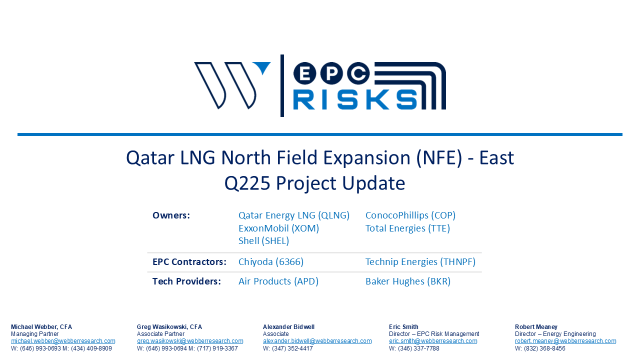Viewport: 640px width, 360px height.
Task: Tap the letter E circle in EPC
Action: pos(305,73)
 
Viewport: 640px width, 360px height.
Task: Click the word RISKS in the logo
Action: pos(355,99)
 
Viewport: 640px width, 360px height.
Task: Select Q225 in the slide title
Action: pos(247,183)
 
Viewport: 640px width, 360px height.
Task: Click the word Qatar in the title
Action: pos(150,157)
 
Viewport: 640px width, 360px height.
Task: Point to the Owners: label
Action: pos(171,215)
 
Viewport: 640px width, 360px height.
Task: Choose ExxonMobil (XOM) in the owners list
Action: pos(278,228)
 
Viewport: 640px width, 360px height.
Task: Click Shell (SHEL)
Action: pos(263,240)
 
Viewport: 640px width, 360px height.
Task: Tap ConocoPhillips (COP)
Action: pos(410,215)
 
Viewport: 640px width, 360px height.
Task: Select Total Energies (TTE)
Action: pos(407,228)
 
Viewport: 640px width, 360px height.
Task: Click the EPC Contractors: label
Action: pos(189,261)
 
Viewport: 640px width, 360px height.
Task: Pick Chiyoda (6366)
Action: pos(271,261)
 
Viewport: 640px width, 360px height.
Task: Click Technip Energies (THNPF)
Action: pos(420,261)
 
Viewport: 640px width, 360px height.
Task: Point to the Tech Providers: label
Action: pos(186,281)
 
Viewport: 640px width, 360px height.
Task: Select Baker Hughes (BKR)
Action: pos(408,281)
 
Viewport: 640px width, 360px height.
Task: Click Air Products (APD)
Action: pos(278,281)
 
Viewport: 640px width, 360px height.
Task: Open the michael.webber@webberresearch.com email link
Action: pos(63,341)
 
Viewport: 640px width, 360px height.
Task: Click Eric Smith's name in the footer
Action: pos(403,326)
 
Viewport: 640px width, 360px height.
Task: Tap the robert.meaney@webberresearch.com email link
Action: pos(565,341)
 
